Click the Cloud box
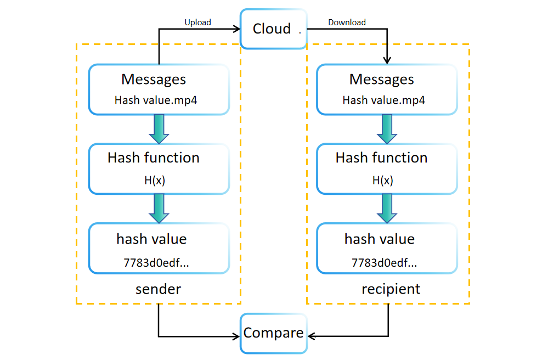tap(273, 29)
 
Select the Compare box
tap(273, 333)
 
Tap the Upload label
tap(197, 22)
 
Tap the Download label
tap(347, 22)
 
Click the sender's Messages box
tap(159, 89)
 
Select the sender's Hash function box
tap(159, 168)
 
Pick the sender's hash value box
tap(159, 249)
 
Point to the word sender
tap(158, 289)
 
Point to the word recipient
tap(391, 289)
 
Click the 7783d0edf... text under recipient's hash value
tap(384, 263)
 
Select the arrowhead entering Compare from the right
tap(311, 336)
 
